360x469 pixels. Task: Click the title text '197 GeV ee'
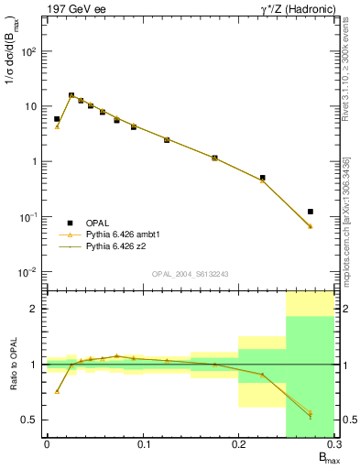click(x=72, y=8)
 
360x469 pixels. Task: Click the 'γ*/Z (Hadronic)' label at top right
click(x=292, y=8)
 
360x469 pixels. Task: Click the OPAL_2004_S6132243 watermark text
click(x=191, y=274)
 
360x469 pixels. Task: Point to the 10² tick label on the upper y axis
click(x=29, y=51)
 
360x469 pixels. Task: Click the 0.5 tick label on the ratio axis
click(x=29, y=420)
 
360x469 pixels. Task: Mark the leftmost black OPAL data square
click(x=57, y=119)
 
